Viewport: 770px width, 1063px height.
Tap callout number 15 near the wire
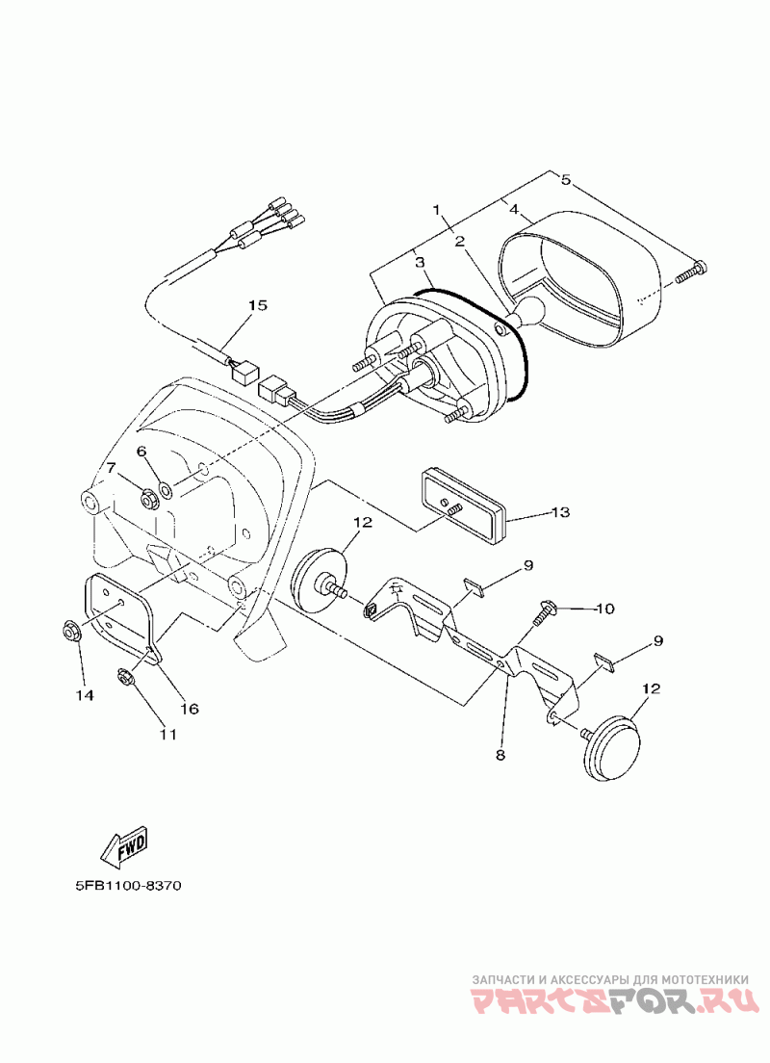click(x=256, y=306)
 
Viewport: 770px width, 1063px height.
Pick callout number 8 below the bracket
click(x=500, y=755)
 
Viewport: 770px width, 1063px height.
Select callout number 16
click(x=189, y=709)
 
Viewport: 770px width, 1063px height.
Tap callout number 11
click(x=167, y=734)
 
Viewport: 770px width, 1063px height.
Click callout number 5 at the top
click(x=566, y=179)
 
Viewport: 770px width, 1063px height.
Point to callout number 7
click(x=111, y=468)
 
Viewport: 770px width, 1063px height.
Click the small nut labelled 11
click(x=126, y=674)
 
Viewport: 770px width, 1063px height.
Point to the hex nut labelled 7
click(x=149, y=498)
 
